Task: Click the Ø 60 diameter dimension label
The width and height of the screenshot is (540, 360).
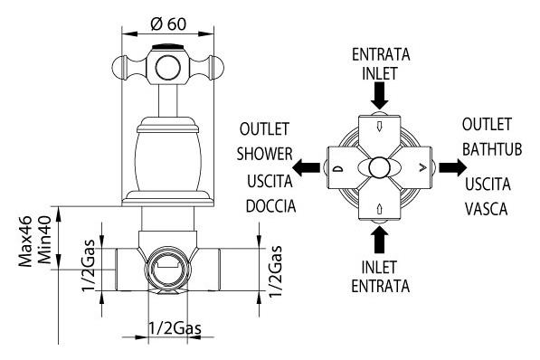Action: tap(168, 24)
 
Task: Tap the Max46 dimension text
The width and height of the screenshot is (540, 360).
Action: tap(25, 242)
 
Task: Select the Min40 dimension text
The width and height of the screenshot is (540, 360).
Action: tap(44, 240)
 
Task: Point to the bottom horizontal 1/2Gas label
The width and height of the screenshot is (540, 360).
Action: tap(175, 328)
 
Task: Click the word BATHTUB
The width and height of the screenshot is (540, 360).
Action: tap(492, 149)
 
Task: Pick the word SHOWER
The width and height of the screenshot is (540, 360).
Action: tap(264, 154)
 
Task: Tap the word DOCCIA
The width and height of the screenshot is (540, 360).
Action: tap(271, 206)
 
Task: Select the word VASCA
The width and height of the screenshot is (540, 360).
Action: tap(487, 209)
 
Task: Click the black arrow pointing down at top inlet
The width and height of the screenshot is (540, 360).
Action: tap(380, 96)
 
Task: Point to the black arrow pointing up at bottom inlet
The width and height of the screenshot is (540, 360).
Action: tap(380, 241)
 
